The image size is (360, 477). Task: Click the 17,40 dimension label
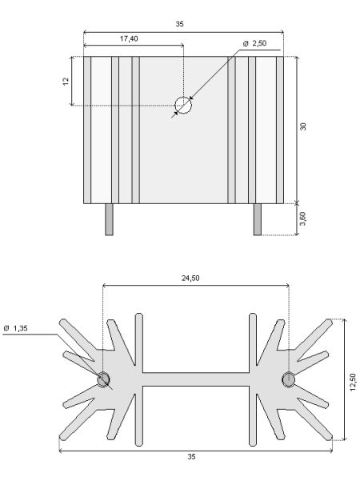pyautogui.click(x=129, y=38)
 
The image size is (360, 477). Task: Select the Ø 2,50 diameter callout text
pyautogui.click(x=254, y=43)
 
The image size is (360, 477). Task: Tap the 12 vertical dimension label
pyautogui.click(x=66, y=81)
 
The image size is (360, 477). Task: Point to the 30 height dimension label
pyautogui.click(x=303, y=126)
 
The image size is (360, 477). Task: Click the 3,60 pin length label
pyautogui.click(x=303, y=218)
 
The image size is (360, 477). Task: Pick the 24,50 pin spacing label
pyautogui.click(x=190, y=278)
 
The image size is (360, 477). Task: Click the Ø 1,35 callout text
pyautogui.click(x=15, y=328)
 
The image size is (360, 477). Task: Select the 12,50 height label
pyautogui.click(x=353, y=382)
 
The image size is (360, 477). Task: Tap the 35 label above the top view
pyautogui.click(x=180, y=24)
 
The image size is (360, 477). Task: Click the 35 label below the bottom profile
pyautogui.click(x=191, y=457)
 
